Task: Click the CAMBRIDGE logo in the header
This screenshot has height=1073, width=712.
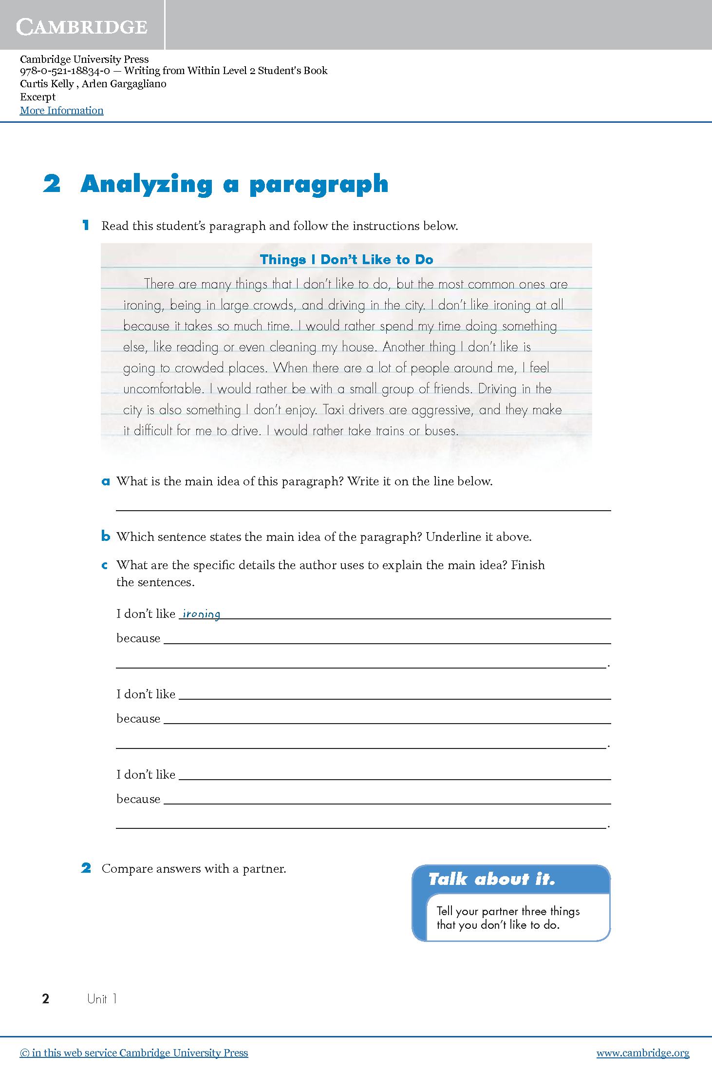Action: pyautogui.click(x=81, y=26)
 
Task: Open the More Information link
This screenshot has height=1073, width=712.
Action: pyautogui.click(x=61, y=111)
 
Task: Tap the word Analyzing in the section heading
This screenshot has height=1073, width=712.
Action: pyautogui.click(x=147, y=185)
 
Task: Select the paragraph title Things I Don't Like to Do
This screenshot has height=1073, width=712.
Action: pyautogui.click(x=346, y=260)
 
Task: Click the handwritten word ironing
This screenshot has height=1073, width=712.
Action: pyautogui.click(x=201, y=614)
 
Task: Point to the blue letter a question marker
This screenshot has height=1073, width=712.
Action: pyautogui.click(x=106, y=482)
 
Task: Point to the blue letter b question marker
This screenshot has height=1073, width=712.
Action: pyautogui.click(x=106, y=537)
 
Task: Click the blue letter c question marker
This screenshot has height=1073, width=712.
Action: pyautogui.click(x=105, y=566)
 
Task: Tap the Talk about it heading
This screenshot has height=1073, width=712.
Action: pyautogui.click(x=491, y=880)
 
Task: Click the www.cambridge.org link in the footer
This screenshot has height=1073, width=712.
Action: pyautogui.click(x=643, y=1053)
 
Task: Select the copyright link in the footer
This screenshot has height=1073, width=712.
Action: pyautogui.click(x=134, y=1053)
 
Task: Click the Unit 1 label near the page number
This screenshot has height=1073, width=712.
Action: pyautogui.click(x=101, y=999)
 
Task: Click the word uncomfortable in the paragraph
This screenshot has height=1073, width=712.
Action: pyautogui.click(x=163, y=389)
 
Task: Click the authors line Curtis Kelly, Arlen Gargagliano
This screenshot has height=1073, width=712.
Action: pyautogui.click(x=93, y=84)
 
